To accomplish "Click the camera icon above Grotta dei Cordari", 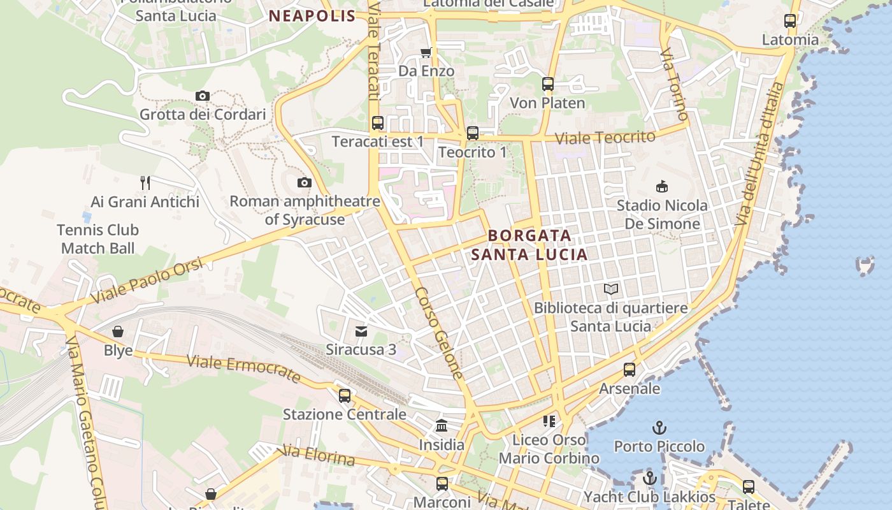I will click(202, 96).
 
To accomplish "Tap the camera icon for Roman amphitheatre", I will click(305, 183).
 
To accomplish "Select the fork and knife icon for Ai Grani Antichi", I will click(145, 183).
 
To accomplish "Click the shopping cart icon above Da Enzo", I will click(426, 52).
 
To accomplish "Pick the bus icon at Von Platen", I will click(547, 84).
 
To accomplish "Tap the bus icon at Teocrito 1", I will click(472, 133).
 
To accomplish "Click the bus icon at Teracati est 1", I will click(377, 123).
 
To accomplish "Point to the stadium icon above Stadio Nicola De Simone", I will click(662, 187).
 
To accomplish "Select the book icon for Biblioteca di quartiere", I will click(610, 289).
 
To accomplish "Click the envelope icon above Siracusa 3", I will click(361, 331).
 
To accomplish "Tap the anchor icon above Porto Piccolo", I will click(659, 427).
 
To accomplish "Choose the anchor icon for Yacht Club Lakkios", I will click(650, 478).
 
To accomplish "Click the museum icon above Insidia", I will click(441, 426).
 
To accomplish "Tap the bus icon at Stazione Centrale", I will click(345, 396).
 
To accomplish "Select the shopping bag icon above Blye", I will click(118, 331).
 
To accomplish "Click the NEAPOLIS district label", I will click(312, 17).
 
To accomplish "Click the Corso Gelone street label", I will click(439, 333).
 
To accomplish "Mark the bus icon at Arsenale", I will click(629, 370).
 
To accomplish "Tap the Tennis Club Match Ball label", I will click(97, 239).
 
